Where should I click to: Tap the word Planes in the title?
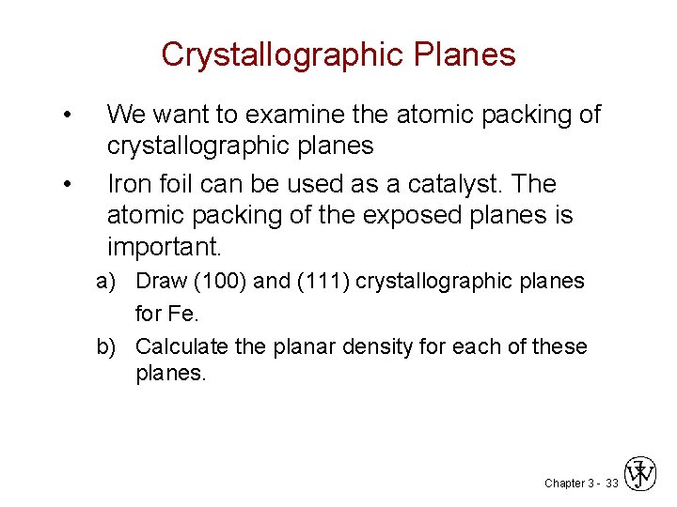pyautogui.click(x=468, y=54)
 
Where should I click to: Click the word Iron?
pyautogui.click(x=130, y=183)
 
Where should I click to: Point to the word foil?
pyautogui.click(x=179, y=183)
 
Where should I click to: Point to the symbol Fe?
pyautogui.click(x=181, y=313)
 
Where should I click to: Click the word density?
pyautogui.click(x=376, y=346)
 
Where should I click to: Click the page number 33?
pyautogui.click(x=611, y=483)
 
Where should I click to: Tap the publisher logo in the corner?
pyautogui.click(x=641, y=474)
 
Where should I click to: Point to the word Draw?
pyautogui.click(x=159, y=282)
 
